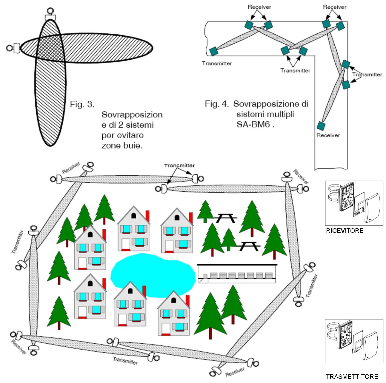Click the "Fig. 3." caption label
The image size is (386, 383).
tap(82, 105)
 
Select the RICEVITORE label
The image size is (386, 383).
tap(345, 230)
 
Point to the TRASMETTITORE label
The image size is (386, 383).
tap(352, 376)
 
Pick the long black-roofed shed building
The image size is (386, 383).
tap(237, 273)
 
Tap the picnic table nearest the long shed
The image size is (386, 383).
tap(248, 246)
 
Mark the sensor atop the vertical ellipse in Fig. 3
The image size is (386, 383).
tap(50, 15)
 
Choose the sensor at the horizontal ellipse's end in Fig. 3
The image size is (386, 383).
tap(13, 48)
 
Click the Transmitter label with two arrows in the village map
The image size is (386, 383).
tap(179, 165)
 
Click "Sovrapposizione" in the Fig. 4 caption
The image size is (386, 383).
tap(270, 104)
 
